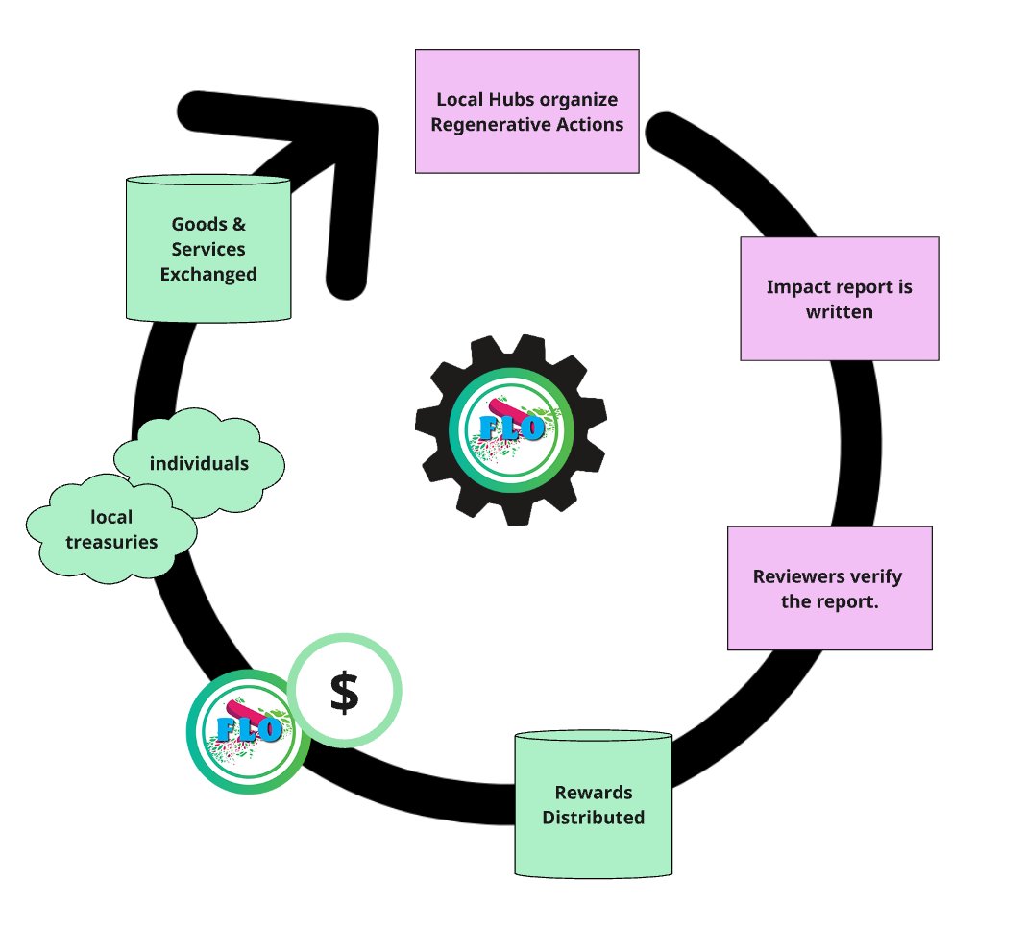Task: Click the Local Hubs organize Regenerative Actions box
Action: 526,111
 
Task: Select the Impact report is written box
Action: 839,299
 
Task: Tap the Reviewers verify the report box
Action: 829,588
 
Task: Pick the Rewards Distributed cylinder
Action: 593,805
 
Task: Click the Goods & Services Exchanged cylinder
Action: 208,249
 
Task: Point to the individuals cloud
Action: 199,464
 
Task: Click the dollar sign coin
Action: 344,691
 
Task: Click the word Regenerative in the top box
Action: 482,125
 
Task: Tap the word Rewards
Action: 593,793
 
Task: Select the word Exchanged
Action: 208,275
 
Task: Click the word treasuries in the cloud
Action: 111,542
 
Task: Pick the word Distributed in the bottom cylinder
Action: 593,819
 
